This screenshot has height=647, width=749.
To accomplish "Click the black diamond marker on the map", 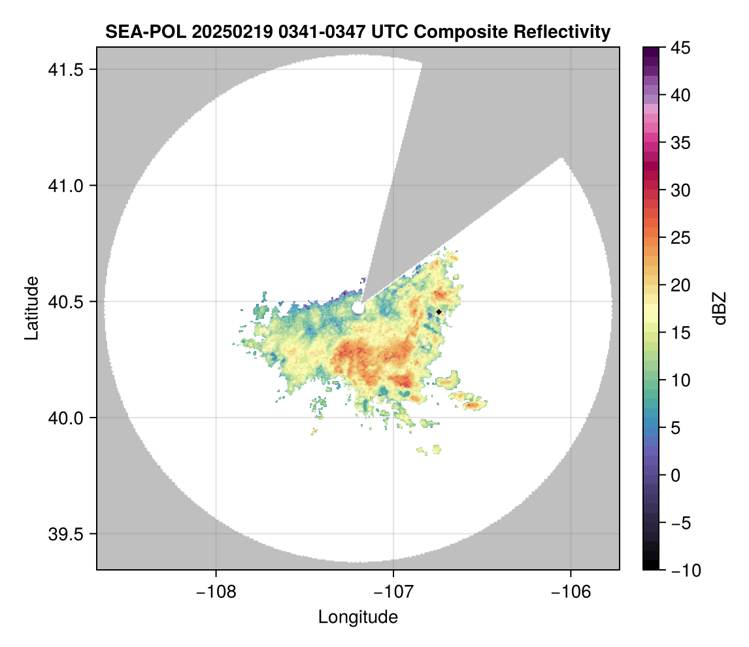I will coord(439,312).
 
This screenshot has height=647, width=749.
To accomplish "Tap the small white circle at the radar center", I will coord(358,307).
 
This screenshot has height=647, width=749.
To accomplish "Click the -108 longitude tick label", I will coord(215,592).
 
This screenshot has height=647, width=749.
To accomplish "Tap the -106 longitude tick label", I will coord(571,592).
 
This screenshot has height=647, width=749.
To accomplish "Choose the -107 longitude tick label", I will coord(393,592).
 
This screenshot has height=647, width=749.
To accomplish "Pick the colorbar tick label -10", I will coord(685,571).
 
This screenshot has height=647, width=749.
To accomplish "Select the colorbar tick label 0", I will coord(677,475).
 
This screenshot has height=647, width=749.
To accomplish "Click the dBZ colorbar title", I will coord(720,308).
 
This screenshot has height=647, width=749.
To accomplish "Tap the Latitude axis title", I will coord(31,308).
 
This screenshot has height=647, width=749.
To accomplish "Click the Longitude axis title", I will coord(358,617).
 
